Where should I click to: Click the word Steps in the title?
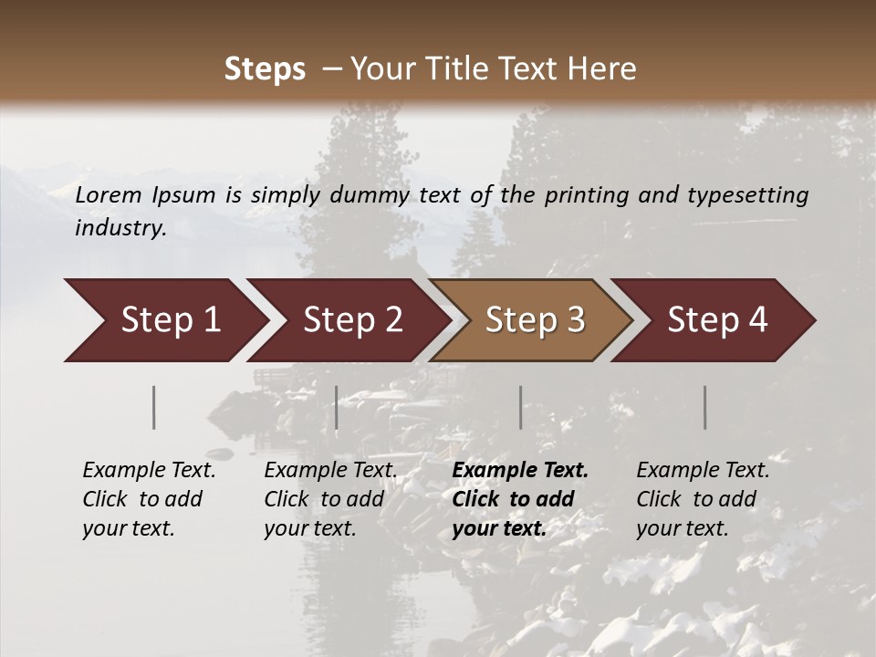[265, 69]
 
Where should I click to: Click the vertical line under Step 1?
[154, 407]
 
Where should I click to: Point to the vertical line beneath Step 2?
[337, 407]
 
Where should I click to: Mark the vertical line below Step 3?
[521, 407]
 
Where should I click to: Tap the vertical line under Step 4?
[705, 407]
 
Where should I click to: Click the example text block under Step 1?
[149, 499]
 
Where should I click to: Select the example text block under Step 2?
[330, 499]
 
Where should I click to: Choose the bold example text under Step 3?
[520, 499]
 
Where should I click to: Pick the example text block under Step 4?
[703, 499]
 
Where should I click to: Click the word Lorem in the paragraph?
[109, 194]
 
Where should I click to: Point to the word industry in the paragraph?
[120, 228]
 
